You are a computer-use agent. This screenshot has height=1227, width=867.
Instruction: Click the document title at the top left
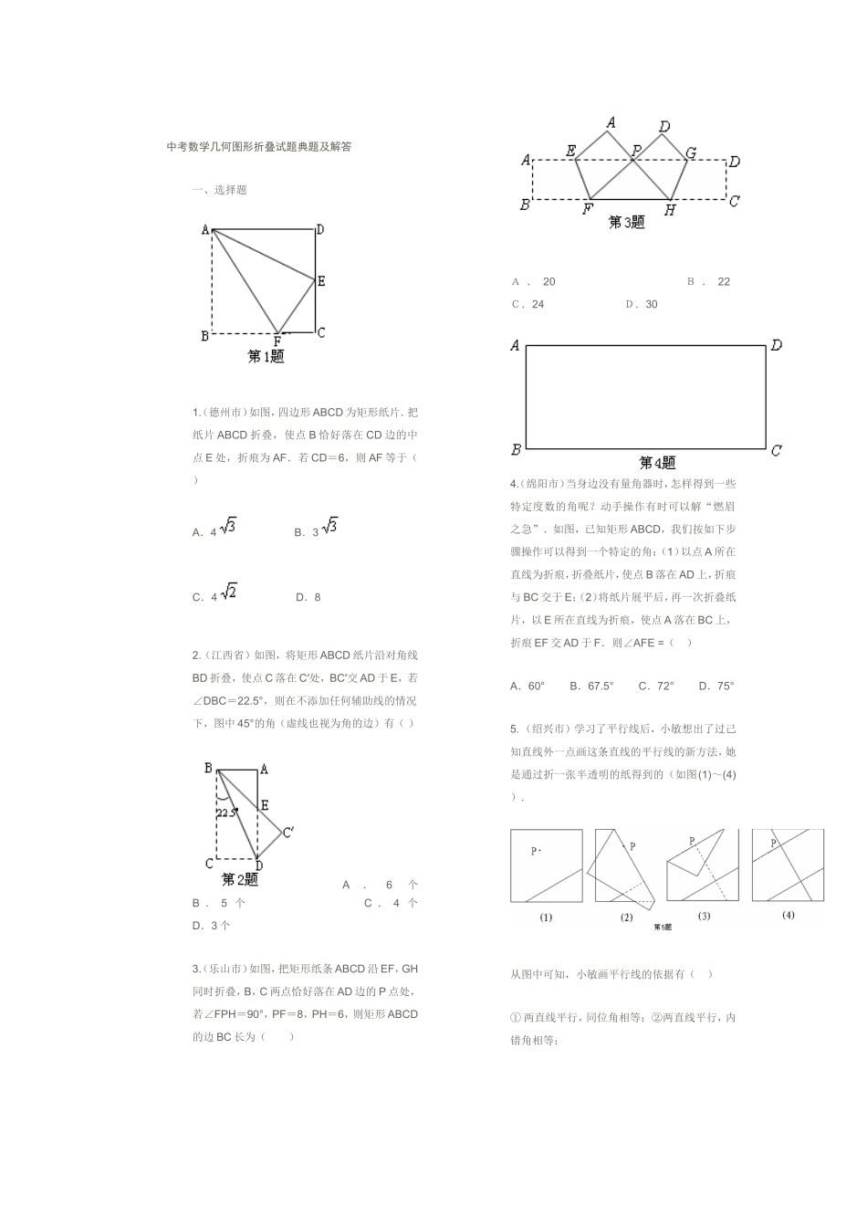point(258,146)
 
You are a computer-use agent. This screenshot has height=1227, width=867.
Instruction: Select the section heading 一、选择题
point(219,190)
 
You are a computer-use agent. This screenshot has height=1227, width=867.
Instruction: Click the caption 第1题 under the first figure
point(266,357)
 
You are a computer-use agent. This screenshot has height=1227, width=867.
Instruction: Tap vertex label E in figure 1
point(321,281)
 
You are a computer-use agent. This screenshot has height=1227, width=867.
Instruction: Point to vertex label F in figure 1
point(277,341)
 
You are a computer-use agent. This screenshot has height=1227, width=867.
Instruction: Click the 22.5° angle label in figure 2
point(226,812)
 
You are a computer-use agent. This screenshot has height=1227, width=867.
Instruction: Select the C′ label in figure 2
point(288,832)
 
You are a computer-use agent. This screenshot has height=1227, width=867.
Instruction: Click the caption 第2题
point(240,880)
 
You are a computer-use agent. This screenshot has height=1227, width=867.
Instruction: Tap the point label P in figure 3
point(636,150)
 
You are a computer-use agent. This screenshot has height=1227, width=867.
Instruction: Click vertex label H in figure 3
point(670,210)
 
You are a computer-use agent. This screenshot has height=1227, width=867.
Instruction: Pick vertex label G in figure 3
point(691,153)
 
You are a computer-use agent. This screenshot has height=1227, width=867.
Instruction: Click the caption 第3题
point(626,222)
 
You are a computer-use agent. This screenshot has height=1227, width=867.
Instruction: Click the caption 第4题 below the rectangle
point(657,463)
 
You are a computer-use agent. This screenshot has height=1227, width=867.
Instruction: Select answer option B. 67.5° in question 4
point(591,686)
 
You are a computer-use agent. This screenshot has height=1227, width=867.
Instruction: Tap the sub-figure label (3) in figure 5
point(704,916)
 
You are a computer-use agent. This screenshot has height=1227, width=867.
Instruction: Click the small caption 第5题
point(663,927)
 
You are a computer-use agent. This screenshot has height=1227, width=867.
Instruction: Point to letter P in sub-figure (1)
point(535,851)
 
